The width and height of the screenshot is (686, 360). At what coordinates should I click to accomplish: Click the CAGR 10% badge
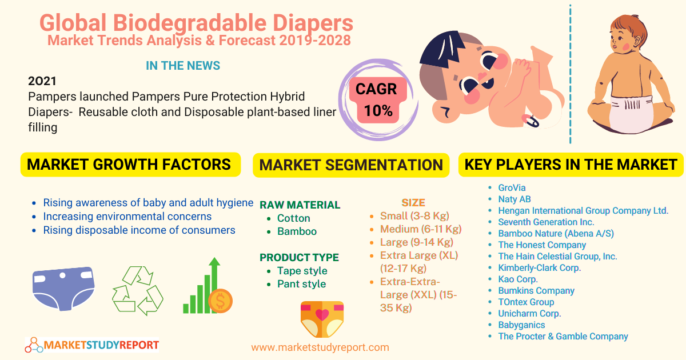tap(377, 100)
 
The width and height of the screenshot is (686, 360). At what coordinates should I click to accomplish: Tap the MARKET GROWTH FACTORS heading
tap(129, 165)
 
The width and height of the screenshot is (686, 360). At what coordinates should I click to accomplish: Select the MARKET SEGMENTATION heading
tap(351, 165)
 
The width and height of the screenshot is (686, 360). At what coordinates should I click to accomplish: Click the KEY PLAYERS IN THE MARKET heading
tap(571, 165)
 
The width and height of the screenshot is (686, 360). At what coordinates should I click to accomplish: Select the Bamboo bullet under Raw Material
tap(297, 231)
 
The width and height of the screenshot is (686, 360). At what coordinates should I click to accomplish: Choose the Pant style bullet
tap(301, 284)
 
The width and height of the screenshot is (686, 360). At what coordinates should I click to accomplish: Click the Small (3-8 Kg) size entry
tap(414, 216)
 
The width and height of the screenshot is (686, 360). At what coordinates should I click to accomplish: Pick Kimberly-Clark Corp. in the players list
tap(539, 267)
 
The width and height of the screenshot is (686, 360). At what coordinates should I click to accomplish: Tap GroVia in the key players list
tap(512, 187)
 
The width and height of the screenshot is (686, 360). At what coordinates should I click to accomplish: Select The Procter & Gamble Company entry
tap(563, 337)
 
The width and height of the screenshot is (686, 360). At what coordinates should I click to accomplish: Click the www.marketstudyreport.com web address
tap(320, 347)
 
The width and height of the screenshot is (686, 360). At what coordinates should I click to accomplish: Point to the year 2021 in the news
tap(42, 81)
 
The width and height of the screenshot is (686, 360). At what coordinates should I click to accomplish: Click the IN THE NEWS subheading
tap(183, 66)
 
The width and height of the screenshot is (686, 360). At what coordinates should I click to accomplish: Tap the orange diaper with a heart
tap(322, 319)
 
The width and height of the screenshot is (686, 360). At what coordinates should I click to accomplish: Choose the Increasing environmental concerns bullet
tap(127, 217)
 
